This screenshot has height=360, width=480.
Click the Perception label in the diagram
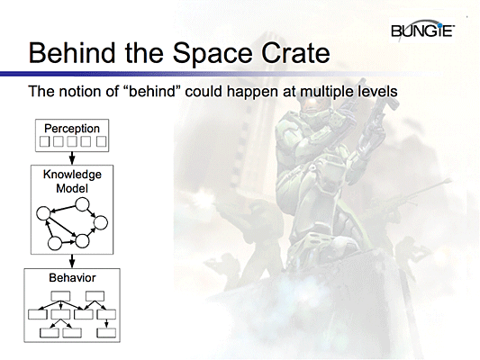click(72, 128)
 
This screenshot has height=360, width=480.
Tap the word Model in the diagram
click(72, 190)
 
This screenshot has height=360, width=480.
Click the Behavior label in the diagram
click(72, 278)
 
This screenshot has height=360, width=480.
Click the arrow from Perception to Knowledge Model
click(72, 157)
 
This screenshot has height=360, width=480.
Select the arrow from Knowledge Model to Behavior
click(72, 261)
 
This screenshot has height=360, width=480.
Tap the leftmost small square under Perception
click(43, 141)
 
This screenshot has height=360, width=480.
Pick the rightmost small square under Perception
click(101, 141)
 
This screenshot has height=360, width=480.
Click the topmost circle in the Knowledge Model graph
click(81, 206)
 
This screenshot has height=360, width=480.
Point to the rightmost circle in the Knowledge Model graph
click(101, 222)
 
